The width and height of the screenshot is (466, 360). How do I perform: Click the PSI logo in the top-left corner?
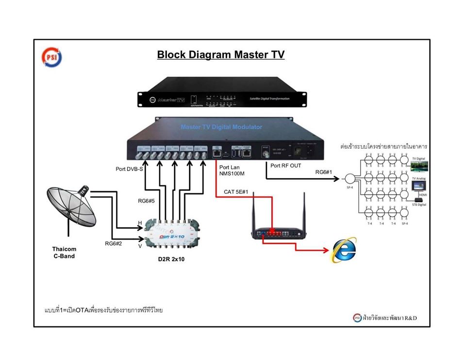tap(52, 57)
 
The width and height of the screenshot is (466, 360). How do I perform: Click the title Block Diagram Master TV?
tap(220, 54)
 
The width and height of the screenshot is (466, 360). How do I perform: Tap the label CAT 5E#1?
tap(236, 191)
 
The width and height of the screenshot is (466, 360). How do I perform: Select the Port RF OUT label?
tap(286, 166)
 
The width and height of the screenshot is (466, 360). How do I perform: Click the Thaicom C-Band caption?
tap(64, 253)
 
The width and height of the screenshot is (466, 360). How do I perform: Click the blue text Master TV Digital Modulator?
tap(221, 127)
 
